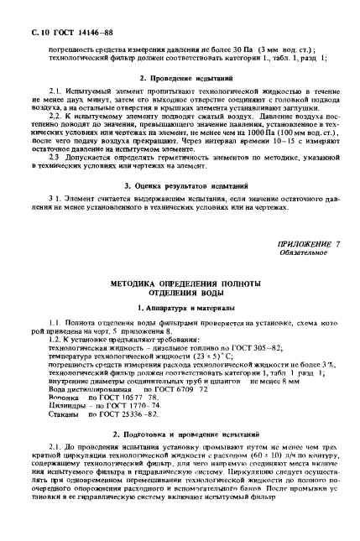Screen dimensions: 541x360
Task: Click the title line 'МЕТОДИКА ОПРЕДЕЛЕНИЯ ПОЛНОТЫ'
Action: click(179, 286)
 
